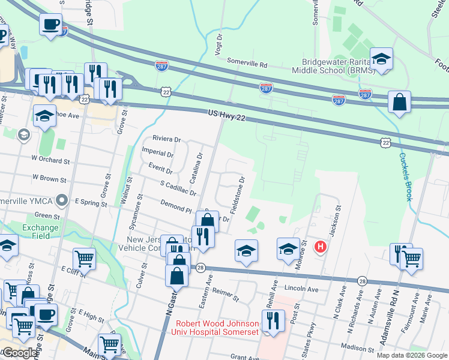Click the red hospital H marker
(x=321, y=246)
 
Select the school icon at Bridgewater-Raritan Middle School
(x=381, y=59)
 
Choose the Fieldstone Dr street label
(x=237, y=196)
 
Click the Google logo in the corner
(x=20, y=353)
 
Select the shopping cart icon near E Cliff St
(x=84, y=259)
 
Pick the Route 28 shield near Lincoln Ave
(x=362, y=280)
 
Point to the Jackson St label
(x=334, y=221)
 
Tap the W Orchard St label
(x=51, y=161)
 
